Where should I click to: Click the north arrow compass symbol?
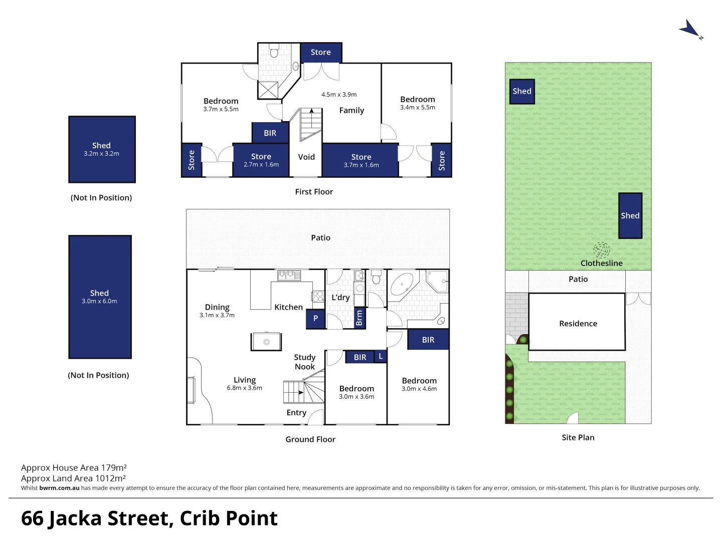[691, 29]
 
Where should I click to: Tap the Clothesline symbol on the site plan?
[601, 249]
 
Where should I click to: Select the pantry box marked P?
[315, 319]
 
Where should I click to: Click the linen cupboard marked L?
[381, 356]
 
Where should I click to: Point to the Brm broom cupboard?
[359, 318]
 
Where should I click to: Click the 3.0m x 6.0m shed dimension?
[99, 301]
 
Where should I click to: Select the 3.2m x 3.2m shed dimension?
[101, 154]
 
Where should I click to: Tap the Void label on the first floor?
[306, 157]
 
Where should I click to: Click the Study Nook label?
[304, 362]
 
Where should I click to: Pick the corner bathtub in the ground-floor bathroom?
[402, 285]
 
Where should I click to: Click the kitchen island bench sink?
[266, 342]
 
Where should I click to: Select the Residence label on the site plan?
[578, 324]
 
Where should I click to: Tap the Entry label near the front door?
[296, 412]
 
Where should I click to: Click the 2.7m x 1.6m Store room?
[261, 160]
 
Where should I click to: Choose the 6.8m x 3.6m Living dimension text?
[245, 388]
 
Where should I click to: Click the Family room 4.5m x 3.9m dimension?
[339, 94]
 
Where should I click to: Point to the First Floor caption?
[314, 191]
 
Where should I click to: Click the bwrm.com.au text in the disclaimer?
[59, 488]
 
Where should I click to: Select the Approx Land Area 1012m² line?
[73, 478]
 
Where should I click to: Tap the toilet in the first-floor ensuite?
[274, 51]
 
